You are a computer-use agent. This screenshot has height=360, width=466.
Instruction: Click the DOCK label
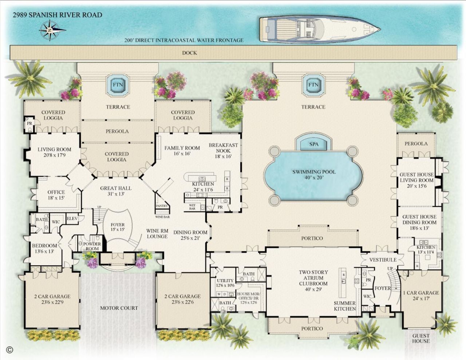tap(189, 53)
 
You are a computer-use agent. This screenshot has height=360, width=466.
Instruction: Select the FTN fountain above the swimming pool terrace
tap(313, 85)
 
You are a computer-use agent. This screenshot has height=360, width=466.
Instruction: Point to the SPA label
tap(314, 144)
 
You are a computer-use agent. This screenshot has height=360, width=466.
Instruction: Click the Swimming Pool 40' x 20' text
tap(314, 174)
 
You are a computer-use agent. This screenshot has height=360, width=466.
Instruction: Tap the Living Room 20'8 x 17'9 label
tap(54, 152)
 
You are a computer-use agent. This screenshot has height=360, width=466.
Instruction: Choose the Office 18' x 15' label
tap(56, 195)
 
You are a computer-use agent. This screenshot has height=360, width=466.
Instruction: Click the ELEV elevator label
tap(71, 218)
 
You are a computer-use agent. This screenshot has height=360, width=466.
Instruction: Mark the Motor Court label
tap(119, 308)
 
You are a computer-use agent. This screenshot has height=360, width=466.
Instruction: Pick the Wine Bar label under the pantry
tap(162, 217)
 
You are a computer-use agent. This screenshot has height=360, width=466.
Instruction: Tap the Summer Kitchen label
tap(345, 306)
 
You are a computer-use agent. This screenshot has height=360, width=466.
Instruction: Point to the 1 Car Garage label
tap(421, 295)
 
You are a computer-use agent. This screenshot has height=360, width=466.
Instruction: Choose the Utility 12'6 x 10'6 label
tap(225, 283)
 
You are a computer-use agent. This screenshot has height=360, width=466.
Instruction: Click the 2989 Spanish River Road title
tap(57, 15)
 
